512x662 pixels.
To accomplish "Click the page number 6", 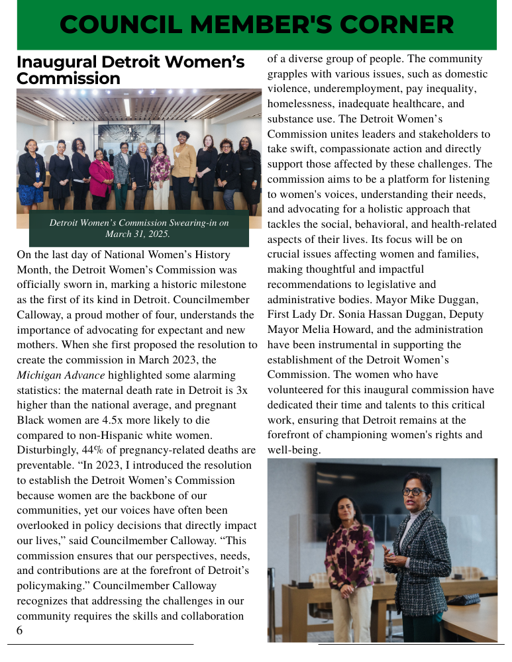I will coord(19,631).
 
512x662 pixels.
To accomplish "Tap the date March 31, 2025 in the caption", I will coord(138,234).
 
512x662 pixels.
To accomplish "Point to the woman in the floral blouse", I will coord(349,556).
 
